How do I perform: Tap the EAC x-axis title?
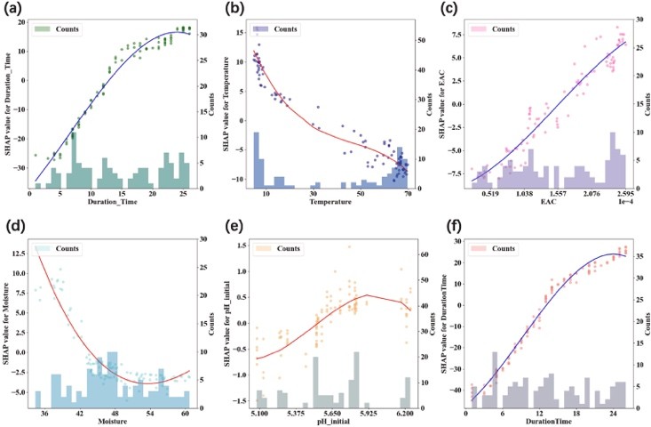coord(546,205)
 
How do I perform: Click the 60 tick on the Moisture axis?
coord(185,414)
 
